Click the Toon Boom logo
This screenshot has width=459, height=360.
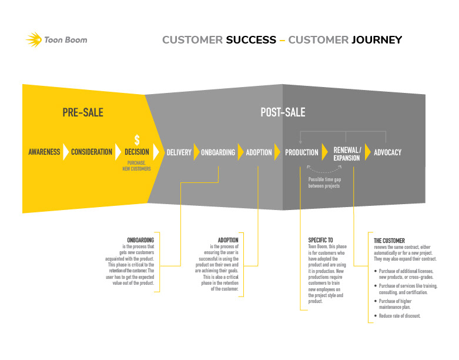pos(56,40)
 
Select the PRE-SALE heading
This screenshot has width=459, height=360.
pos(83,112)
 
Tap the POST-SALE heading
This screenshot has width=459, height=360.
pos(283,112)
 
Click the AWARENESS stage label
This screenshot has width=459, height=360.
pos(44,152)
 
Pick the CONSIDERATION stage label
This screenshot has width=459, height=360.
pos(92,152)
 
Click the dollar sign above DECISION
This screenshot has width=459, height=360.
pos(137,139)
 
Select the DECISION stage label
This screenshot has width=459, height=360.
pos(137,152)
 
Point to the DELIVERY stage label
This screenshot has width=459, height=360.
pos(179,152)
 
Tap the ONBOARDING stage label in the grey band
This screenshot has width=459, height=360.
pos(218,152)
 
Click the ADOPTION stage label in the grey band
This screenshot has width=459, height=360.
pos(259,152)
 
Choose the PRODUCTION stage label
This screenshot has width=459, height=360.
pos(301,152)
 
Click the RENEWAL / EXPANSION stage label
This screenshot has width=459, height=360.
pos(347,154)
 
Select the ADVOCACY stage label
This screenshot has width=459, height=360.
pos(387,152)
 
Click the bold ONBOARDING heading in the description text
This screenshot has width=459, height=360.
pos(140,240)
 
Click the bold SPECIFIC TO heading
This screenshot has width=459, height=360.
pos(321,240)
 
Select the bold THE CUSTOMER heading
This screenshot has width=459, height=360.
pos(390,241)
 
